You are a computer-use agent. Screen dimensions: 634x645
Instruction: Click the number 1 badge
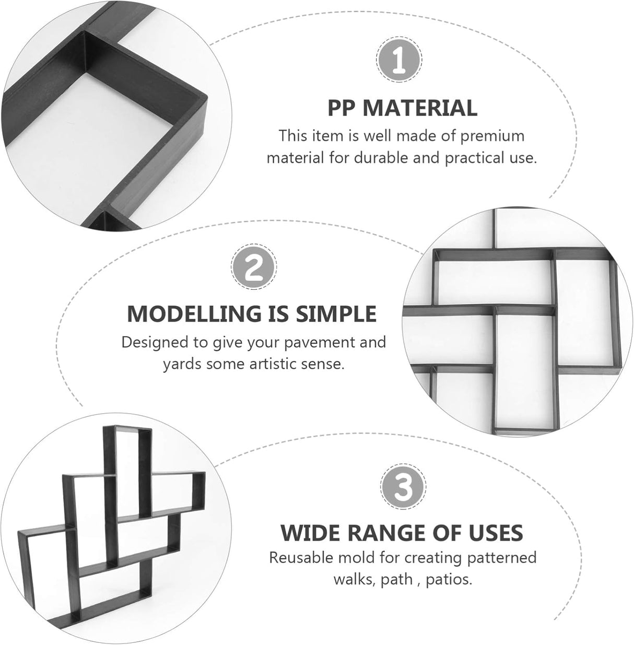[x=399, y=59]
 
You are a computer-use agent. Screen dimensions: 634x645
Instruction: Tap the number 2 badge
[x=254, y=267]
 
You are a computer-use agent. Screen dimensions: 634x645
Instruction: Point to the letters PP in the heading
[x=342, y=108]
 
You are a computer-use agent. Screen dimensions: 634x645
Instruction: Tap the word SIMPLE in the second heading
[x=337, y=314]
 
